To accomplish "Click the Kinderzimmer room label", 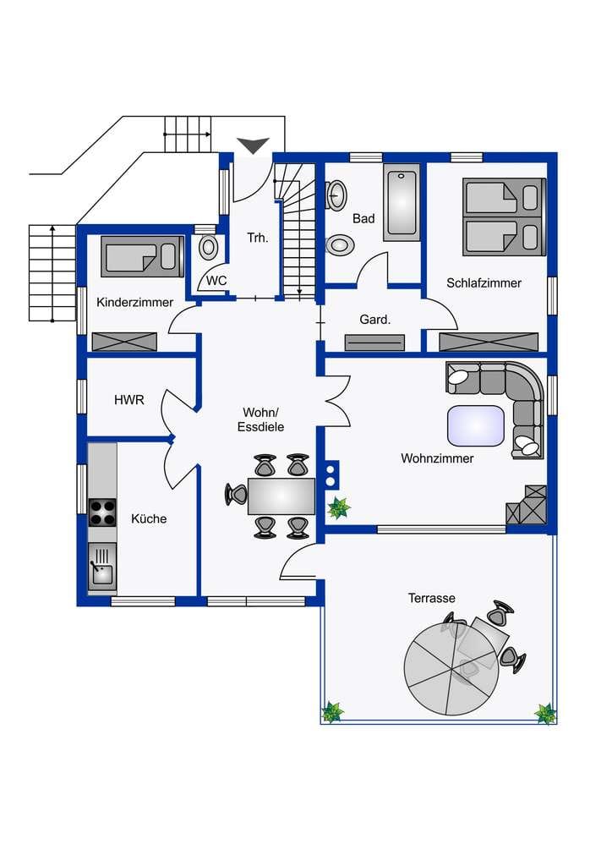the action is tap(134, 302).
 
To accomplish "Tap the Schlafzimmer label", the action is tap(484, 282).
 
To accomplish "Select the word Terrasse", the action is tap(432, 598).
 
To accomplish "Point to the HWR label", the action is tap(129, 399).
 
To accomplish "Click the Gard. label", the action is tap(374, 319).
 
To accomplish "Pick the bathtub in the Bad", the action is tap(402, 203).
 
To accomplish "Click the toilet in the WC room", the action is tap(208, 248).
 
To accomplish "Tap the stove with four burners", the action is tap(102, 512).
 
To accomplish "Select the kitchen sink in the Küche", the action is tap(102, 567).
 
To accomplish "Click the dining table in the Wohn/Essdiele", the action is tap(281, 496).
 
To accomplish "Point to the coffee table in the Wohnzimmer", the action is tap(476, 426).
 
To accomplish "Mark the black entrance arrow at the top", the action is tap(254, 145).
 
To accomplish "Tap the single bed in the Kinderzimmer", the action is tap(142, 256).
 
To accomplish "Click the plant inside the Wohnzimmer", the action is tap(338, 508).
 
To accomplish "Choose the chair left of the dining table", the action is tap(236, 494).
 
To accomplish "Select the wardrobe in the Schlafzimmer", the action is tap(489, 342).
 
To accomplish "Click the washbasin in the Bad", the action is tap(336, 195).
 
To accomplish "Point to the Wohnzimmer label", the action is tap(437, 458).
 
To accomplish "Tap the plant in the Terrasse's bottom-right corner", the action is tap(545, 713).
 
